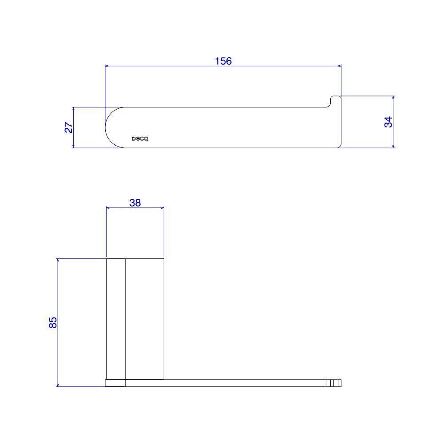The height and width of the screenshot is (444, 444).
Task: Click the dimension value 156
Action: pyautogui.click(x=223, y=61)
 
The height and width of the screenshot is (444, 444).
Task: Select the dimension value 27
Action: pyautogui.click(x=69, y=127)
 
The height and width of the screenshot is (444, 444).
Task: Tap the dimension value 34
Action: pyautogui.click(x=388, y=122)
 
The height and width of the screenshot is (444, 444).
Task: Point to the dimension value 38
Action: pyautogui.click(x=135, y=203)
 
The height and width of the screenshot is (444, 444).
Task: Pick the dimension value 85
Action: pyautogui.click(x=53, y=322)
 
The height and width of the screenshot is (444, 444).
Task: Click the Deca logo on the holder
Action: pyautogui.click(x=140, y=139)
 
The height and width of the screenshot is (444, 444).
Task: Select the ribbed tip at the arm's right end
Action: pyautogui.click(x=333, y=383)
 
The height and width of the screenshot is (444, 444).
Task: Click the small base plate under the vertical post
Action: pyautogui.click(x=115, y=383)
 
